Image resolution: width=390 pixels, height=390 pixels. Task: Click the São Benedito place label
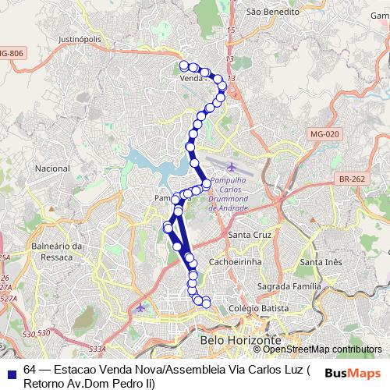coord(273,12)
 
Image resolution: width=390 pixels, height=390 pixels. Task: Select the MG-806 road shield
coord(11,53)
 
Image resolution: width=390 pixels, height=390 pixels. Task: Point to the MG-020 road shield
coord(324,134)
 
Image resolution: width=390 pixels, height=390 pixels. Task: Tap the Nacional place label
coord(52,168)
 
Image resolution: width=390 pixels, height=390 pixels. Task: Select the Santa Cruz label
coord(249,234)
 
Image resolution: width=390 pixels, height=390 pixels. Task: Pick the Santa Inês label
coord(321,262)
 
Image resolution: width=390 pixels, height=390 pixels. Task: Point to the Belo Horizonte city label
coord(240,341)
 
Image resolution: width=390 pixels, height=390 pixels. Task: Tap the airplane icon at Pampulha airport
coord(231,167)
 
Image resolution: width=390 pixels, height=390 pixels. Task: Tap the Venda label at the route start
coord(191,79)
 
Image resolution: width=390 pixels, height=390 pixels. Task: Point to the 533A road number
coord(97,349)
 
